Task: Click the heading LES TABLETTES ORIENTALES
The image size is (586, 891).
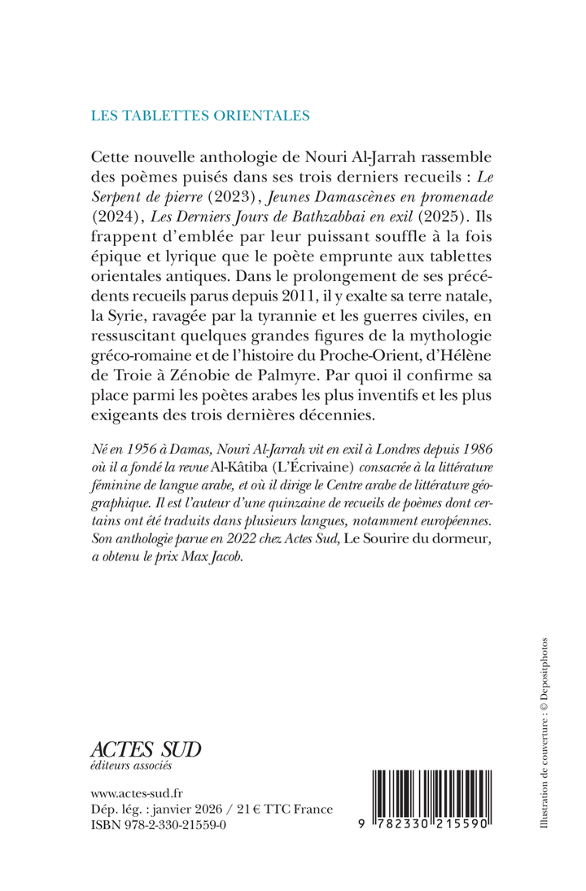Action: pos(199,115)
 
